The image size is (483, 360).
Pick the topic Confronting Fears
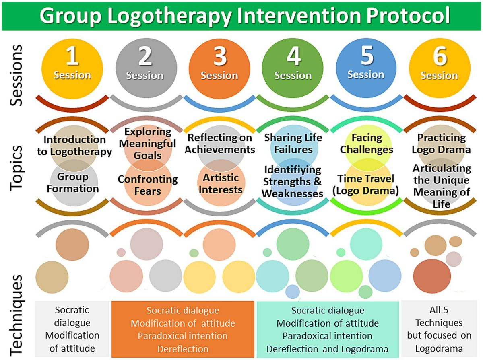coord(148,185)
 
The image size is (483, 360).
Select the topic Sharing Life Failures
coord(293,144)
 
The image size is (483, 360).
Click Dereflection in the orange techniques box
coord(183,349)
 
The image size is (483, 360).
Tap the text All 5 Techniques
coord(439,316)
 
